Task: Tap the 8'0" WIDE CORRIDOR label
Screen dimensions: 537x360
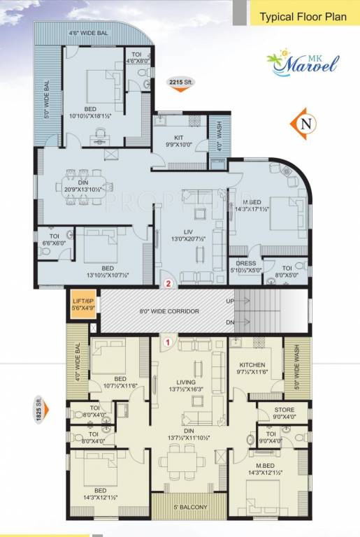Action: pos(169,310)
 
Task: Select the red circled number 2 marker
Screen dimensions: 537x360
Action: pos(168,283)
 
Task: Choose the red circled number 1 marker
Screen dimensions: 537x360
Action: pos(168,342)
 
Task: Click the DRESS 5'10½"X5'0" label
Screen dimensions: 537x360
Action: pos(247,267)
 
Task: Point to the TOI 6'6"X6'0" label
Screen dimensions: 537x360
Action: pos(54,240)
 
